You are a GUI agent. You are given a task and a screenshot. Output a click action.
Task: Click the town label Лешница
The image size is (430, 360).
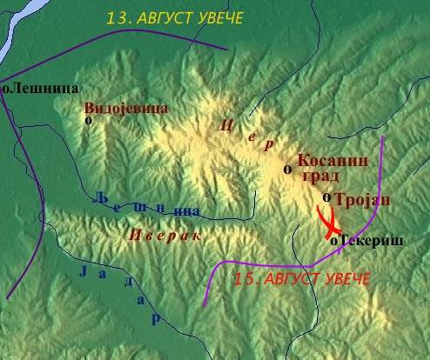[45, 88]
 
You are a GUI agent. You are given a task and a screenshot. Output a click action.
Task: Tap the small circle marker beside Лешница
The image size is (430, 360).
[6, 88]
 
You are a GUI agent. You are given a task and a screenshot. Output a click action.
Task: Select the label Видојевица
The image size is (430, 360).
[125, 108]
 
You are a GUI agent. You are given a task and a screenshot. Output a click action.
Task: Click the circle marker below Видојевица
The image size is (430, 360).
[88, 121]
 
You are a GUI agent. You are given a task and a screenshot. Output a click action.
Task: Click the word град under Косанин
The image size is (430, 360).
[314, 176]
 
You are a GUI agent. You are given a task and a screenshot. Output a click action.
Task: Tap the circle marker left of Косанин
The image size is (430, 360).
[287, 169]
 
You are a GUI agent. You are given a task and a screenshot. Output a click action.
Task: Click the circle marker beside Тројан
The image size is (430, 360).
[326, 197]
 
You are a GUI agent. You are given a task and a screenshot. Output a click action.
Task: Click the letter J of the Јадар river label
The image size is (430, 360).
[84, 271]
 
